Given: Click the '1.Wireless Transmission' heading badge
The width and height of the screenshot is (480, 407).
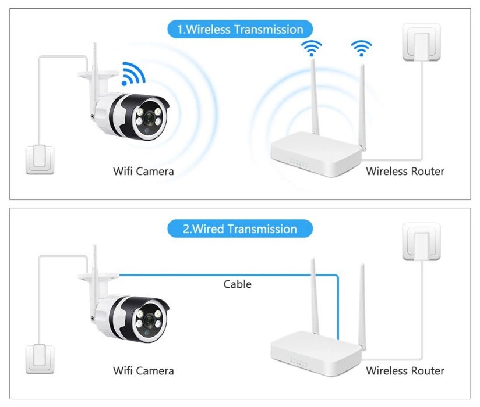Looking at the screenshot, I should tap(240, 29).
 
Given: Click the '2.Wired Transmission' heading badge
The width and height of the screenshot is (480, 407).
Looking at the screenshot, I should tap(240, 229).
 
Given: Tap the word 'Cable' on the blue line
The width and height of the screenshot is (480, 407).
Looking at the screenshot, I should tap(238, 284).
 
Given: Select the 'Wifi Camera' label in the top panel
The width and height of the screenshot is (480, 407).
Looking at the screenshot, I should tap(143, 171).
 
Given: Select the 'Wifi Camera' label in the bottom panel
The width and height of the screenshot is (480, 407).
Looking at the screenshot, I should tap(143, 370).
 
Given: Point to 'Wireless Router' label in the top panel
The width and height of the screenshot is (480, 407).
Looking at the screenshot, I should tap(405, 171).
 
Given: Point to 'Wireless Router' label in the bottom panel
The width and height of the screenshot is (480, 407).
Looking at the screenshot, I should tap(405, 370).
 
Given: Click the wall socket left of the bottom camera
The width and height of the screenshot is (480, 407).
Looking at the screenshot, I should tap(40, 359).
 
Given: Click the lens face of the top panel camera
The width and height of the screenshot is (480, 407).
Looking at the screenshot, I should tap(151, 117).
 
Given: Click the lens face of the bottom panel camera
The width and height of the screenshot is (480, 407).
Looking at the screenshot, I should tap(151, 317).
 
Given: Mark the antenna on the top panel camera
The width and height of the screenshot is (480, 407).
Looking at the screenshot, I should tap(94, 58).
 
